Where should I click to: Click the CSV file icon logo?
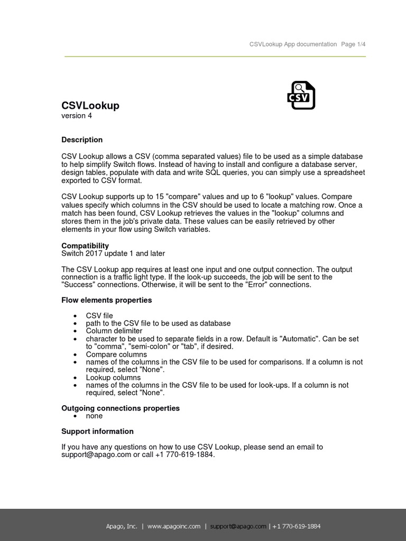tap(301, 95)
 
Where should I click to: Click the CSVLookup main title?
tap(90, 106)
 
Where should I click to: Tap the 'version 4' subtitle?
tap(77, 116)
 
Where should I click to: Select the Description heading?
tap(82, 140)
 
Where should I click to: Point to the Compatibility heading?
tap(85, 246)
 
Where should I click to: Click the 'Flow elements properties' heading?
tap(106, 300)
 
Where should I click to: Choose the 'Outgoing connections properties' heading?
tap(121, 408)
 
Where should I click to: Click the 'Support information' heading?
tap(97, 432)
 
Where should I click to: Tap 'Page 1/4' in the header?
tap(353, 44)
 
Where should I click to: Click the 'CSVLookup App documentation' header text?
tap(293, 44)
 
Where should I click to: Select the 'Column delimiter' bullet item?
tap(114, 331)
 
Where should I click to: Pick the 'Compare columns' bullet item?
tap(116, 355)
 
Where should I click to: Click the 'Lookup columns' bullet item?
tap(113, 378)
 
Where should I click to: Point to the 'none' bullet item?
tap(94, 416)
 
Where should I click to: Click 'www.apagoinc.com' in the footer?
tap(174, 526)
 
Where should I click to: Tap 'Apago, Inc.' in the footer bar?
tap(122, 526)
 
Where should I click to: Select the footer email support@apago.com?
tap(238, 526)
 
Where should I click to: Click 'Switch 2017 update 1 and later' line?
tap(113, 254)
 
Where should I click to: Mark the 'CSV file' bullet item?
tap(99, 316)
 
